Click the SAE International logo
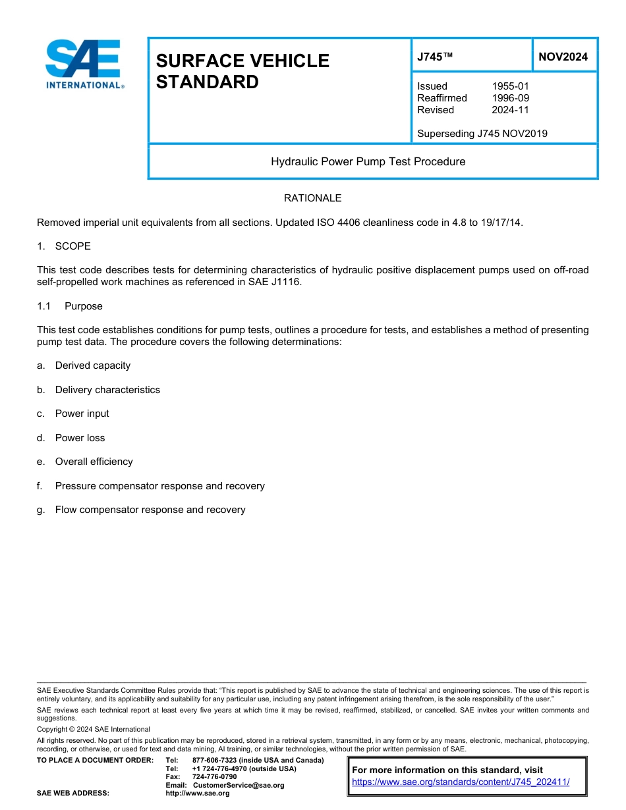[84, 63]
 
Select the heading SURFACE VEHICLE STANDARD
[242, 71]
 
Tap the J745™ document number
[435, 57]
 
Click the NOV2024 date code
[563, 57]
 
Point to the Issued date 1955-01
[510, 86]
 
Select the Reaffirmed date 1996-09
[510, 98]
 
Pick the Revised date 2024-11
[510, 110]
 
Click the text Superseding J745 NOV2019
[482, 134]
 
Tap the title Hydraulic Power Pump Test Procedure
[368, 161]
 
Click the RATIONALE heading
[312, 198]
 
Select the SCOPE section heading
[72, 246]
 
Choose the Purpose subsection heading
[83, 306]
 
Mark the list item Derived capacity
[92, 365]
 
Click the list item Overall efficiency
[94, 462]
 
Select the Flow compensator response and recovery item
[150, 510]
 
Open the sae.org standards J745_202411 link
[461, 782]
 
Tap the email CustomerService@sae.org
[239, 785]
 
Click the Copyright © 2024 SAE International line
[94, 729]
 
